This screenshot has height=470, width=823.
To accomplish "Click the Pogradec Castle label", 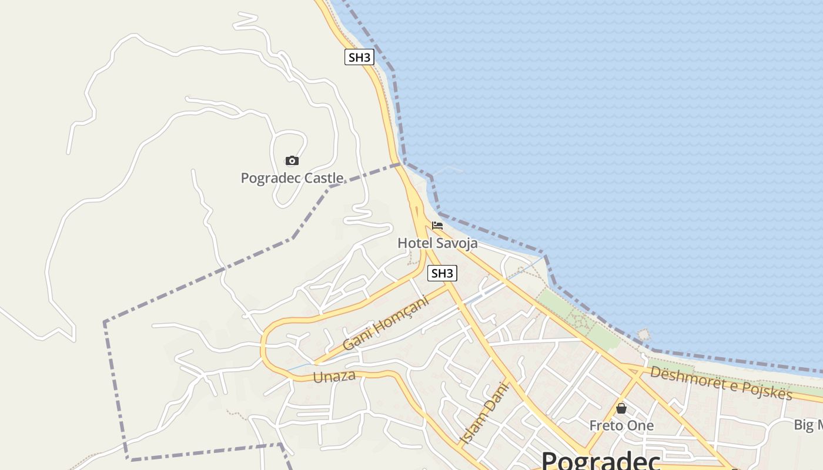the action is pyautogui.click(x=292, y=177).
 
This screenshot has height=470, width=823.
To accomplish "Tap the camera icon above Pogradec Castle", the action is pyautogui.click(x=292, y=160).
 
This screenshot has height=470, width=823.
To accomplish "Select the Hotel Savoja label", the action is pyautogui.click(x=437, y=243).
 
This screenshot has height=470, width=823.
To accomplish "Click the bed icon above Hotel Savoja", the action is pyautogui.click(x=437, y=226).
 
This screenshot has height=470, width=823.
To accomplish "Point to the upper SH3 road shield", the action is pyautogui.click(x=360, y=57).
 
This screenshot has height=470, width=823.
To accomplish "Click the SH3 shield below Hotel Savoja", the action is pyautogui.click(x=442, y=273).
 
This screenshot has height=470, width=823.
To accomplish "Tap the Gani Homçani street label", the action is pyautogui.click(x=386, y=323).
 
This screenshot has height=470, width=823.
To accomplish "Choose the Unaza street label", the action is pyautogui.click(x=334, y=377).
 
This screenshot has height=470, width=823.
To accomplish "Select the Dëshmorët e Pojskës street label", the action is pyautogui.click(x=721, y=382).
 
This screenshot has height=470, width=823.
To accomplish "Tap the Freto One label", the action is pyautogui.click(x=621, y=425).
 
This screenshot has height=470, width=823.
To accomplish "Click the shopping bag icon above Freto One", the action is pyautogui.click(x=621, y=408).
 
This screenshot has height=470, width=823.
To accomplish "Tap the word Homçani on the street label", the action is pyautogui.click(x=403, y=314).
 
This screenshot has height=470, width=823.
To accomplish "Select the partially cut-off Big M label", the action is pyautogui.click(x=808, y=425).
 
